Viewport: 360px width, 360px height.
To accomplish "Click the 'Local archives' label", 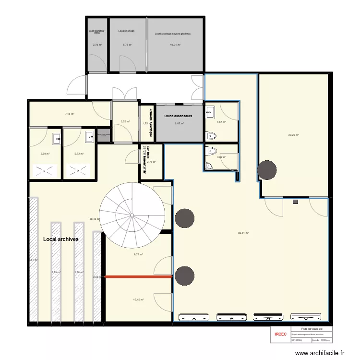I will (60, 239).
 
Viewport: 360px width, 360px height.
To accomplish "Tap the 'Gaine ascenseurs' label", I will (178, 116).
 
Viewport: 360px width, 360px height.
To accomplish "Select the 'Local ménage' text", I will (126, 31).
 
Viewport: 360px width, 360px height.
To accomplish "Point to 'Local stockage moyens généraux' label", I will (173, 34).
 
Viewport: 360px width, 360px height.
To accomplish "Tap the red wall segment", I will (138, 276).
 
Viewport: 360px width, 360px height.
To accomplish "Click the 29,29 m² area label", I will (293, 135).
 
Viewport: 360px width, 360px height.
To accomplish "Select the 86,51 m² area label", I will (243, 233).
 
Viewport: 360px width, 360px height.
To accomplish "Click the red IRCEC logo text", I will (280, 334).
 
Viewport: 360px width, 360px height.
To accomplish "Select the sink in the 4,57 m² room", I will (210, 113).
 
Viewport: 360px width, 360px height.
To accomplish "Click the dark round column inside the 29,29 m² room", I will (266, 169).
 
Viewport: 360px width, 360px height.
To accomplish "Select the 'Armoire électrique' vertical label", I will (151, 117).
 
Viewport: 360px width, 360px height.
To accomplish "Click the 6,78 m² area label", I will (127, 45).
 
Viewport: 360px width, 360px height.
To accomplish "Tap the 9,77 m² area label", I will (138, 255).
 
